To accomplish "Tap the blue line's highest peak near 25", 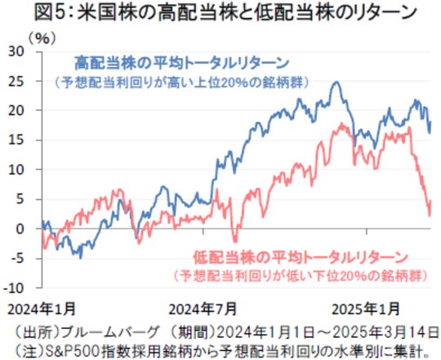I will tap(336, 82).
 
